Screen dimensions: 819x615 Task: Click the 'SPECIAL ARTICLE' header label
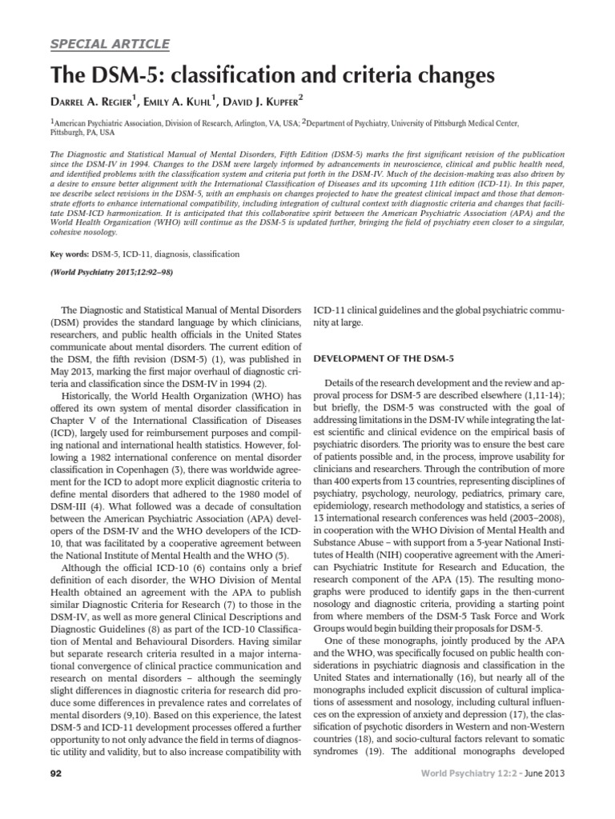[110, 43]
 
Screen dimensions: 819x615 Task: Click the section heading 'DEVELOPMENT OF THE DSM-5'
[384, 358]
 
